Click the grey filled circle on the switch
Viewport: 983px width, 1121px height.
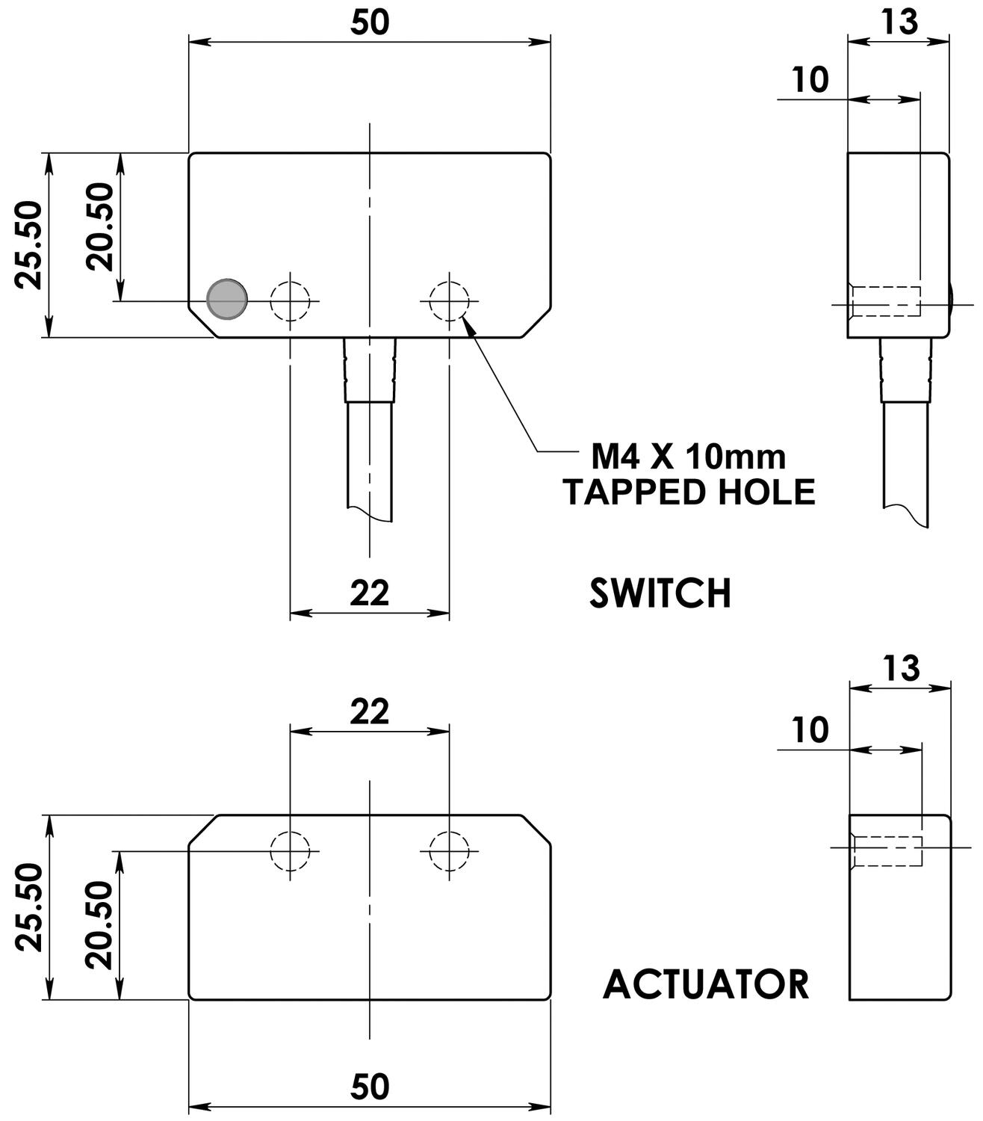226,300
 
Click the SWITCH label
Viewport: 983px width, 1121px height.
660,593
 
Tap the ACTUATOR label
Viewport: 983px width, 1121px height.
705,984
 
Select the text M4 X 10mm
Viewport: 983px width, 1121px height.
688,456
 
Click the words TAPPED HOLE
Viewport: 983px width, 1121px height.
688,492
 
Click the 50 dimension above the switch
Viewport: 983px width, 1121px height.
370,22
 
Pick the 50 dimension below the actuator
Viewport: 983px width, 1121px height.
370,1087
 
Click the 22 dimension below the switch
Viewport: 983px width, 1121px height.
370,593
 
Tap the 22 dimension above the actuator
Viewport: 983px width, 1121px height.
370,711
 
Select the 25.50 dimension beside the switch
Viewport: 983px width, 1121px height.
30,244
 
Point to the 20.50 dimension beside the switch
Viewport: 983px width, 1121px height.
99,226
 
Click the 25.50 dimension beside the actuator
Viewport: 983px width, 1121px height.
30,907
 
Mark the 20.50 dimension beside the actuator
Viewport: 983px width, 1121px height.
99,924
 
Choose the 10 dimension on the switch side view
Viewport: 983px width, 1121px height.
810,80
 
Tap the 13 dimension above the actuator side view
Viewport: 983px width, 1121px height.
900,668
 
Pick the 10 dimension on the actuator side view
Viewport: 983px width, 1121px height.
810,730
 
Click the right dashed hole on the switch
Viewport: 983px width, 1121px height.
449,300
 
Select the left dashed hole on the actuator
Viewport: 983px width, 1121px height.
291,850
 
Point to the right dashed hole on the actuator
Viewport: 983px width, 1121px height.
449,850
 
